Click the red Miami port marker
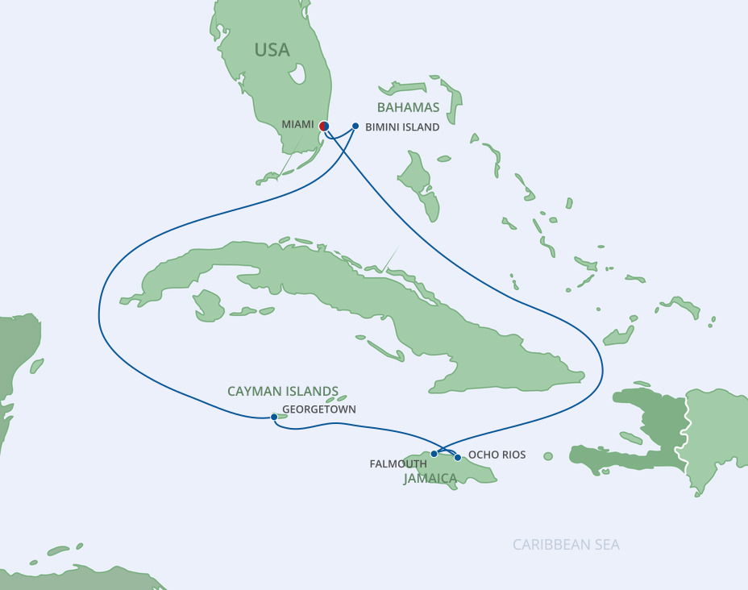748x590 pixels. (323, 126)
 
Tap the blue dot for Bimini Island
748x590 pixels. (355, 126)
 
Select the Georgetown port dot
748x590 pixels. (274, 417)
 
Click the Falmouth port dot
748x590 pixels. (434, 454)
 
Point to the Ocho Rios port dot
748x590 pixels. (458, 457)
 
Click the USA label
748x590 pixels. (272, 50)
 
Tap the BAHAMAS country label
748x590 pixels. (409, 107)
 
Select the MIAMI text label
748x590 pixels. (298, 125)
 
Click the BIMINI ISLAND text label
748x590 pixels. (402, 127)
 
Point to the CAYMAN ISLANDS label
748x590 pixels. (282, 391)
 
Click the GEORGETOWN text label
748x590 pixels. (318, 409)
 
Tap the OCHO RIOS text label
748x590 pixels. (497, 455)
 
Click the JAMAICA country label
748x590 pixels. (430, 479)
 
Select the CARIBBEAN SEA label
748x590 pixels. (566, 545)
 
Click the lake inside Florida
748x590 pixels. (298, 74)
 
